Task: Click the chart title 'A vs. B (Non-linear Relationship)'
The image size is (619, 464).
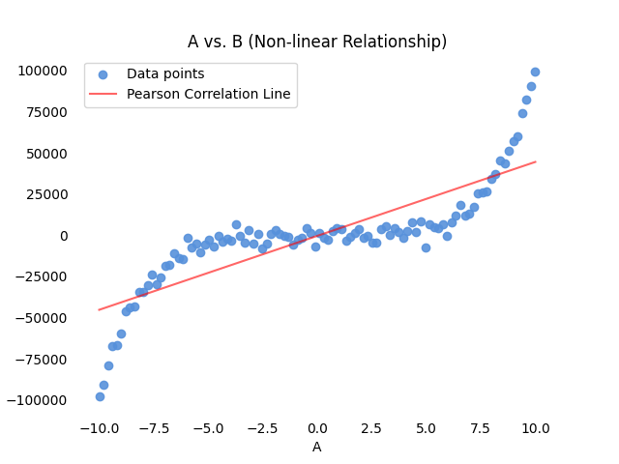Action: tap(316, 42)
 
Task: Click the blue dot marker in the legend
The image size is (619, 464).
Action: tap(103, 74)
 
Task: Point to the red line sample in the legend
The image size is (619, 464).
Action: tap(103, 94)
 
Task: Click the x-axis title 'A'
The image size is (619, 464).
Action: tap(316, 447)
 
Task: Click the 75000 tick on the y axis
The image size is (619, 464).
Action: tap(43, 112)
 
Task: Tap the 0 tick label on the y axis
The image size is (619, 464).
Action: tap(64, 236)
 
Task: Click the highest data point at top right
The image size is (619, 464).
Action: tap(535, 72)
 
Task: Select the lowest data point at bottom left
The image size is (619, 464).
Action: tap(100, 396)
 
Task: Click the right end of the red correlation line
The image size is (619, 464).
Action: tap(535, 161)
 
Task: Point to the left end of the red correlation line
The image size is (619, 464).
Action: tap(99, 310)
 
